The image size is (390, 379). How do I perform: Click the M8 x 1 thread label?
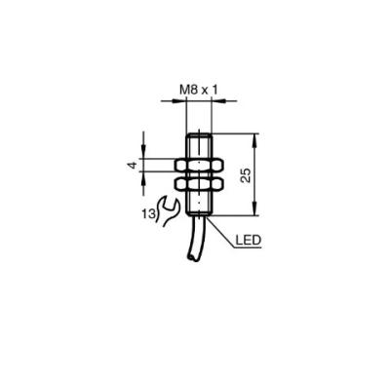coord(199,90)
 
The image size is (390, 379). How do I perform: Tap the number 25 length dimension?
coord(247,175)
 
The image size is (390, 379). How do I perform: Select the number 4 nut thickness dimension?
coord(133,166)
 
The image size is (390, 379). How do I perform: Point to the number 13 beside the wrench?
coord(148,214)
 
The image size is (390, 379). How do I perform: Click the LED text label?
coord(248,241)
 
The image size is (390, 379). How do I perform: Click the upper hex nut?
coord(199,166)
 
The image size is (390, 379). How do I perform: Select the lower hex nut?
coord(199,184)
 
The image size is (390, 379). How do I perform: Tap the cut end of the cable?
coord(192,258)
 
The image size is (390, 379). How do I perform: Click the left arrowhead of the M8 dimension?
coord(179,101)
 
